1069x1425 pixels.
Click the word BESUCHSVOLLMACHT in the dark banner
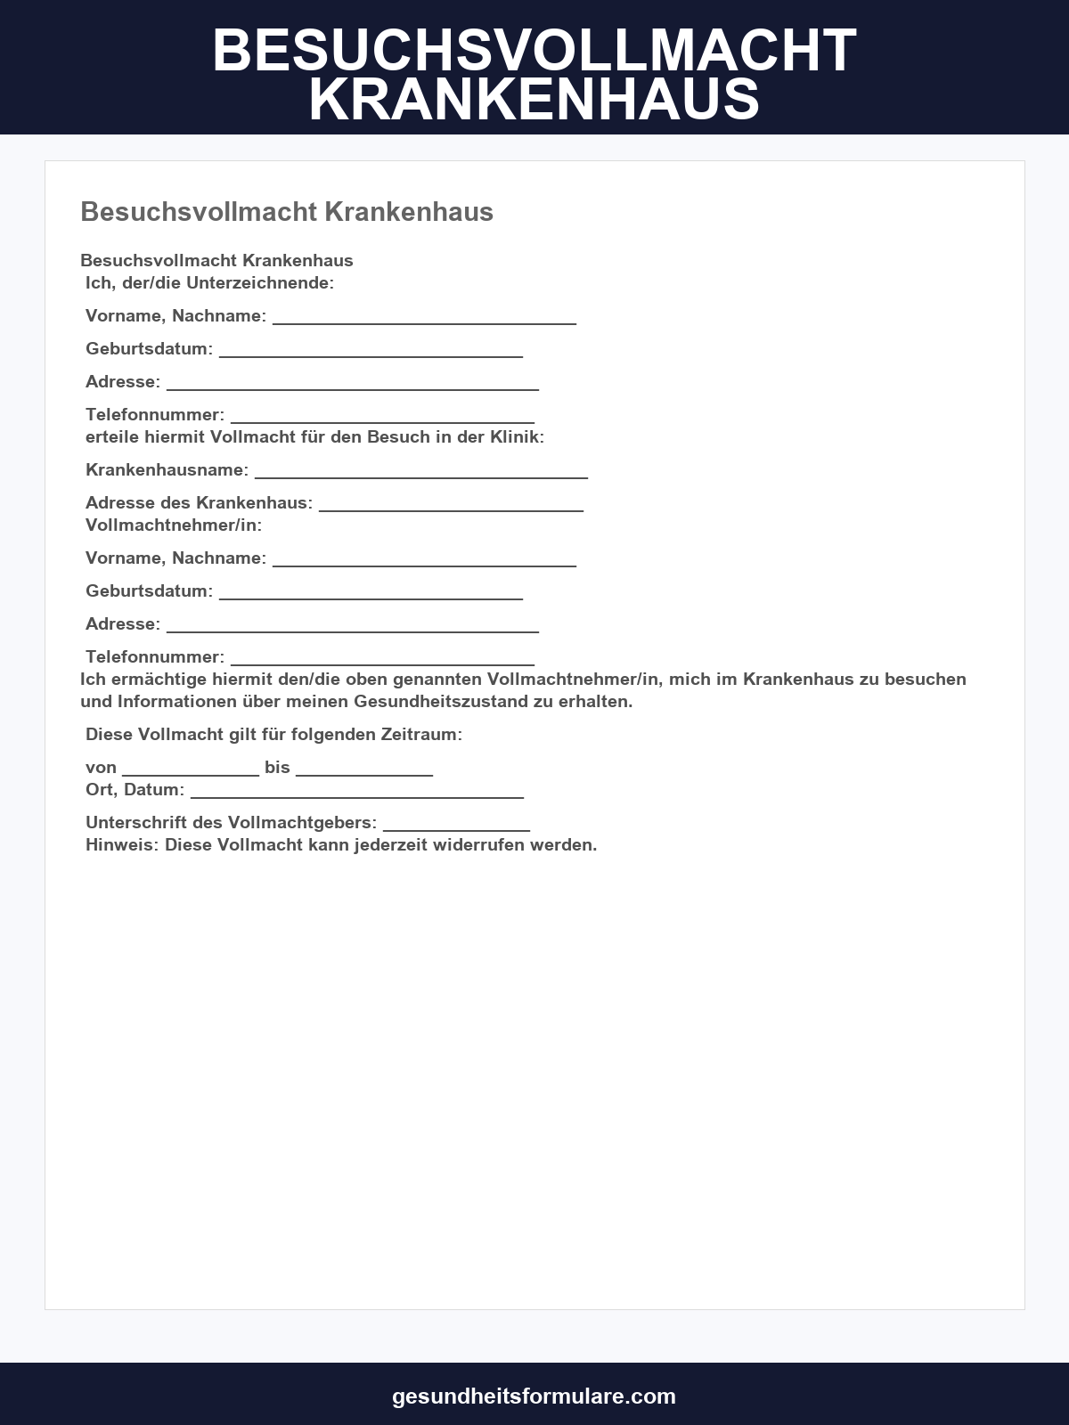click(x=534, y=51)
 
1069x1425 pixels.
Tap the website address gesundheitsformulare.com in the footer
click(x=534, y=1396)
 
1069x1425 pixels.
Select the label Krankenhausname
click(x=165, y=469)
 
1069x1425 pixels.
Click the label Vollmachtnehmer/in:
click(x=174, y=525)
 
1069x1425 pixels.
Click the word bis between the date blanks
click(x=277, y=767)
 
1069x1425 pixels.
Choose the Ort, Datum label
click(x=135, y=789)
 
